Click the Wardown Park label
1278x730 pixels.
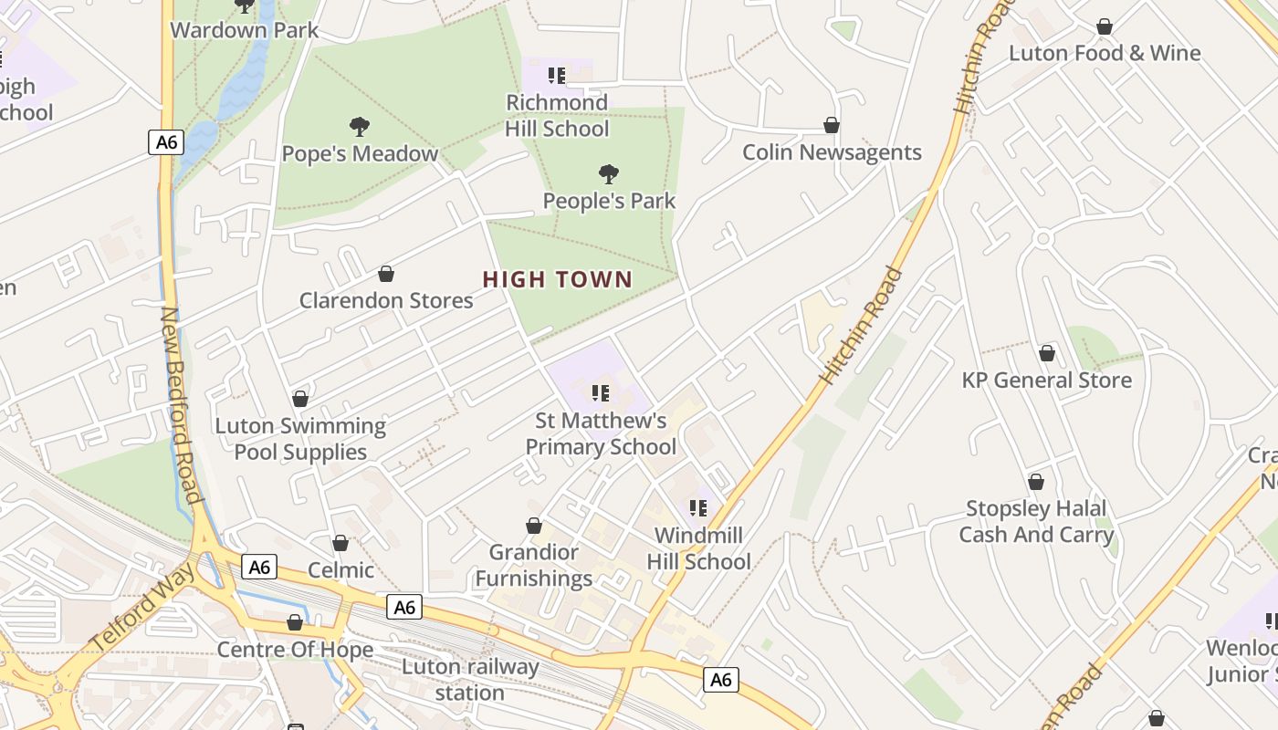pyautogui.click(x=245, y=30)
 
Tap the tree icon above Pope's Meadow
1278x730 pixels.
pyautogui.click(x=360, y=127)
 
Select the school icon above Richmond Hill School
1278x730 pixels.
pyautogui.click(x=557, y=75)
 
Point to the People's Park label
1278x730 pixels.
pyautogui.click(x=609, y=201)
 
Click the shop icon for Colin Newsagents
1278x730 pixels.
pyautogui.click(x=832, y=125)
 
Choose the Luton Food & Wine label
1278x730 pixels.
pyautogui.click(x=1105, y=53)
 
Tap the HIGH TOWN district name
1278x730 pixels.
pyautogui.click(x=558, y=280)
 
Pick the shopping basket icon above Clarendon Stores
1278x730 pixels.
pyautogui.click(x=386, y=274)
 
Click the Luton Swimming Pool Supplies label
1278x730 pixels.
pyautogui.click(x=300, y=439)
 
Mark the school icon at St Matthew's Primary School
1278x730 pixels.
pyautogui.click(x=601, y=393)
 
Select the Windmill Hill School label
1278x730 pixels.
pyautogui.click(x=698, y=548)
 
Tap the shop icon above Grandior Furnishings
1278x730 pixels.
pyautogui.click(x=534, y=526)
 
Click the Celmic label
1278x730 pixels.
pyautogui.click(x=340, y=570)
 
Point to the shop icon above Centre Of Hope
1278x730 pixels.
pyautogui.click(x=295, y=622)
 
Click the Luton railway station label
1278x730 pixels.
pyautogui.click(x=469, y=679)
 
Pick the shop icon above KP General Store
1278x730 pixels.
pyautogui.click(x=1047, y=353)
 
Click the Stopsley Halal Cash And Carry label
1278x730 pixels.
pyautogui.click(x=1036, y=521)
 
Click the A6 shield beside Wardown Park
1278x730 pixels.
pyautogui.click(x=167, y=142)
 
